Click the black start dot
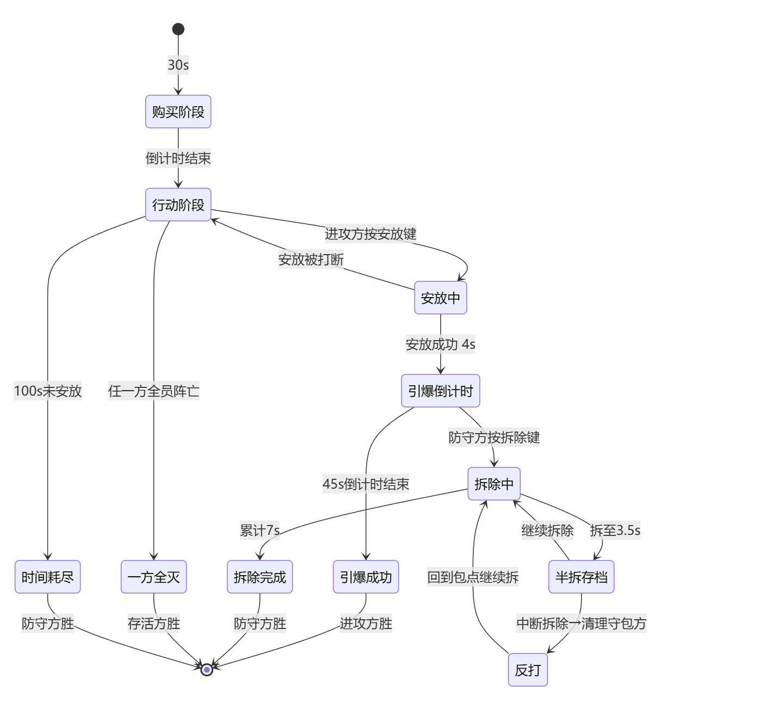tap(178, 29)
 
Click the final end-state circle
tap(207, 670)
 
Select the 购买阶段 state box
tap(178, 112)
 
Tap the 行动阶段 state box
tap(178, 205)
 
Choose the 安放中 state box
tap(440, 298)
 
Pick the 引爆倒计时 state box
tap(440, 391)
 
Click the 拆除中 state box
tap(494, 484)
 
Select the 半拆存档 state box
tap(581, 577)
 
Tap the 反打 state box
tap(528, 670)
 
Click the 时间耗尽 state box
tap(48, 577)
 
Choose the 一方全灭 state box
tap(153, 577)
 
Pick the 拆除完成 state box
tap(260, 577)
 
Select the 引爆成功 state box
tap(366, 577)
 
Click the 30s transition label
tap(178, 65)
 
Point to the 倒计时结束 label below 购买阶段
tap(178, 158)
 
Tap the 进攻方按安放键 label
tap(371, 233)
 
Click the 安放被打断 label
tap(311, 259)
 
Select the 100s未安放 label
tap(48, 391)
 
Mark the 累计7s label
tap(260, 530)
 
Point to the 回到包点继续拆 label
tap(473, 577)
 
